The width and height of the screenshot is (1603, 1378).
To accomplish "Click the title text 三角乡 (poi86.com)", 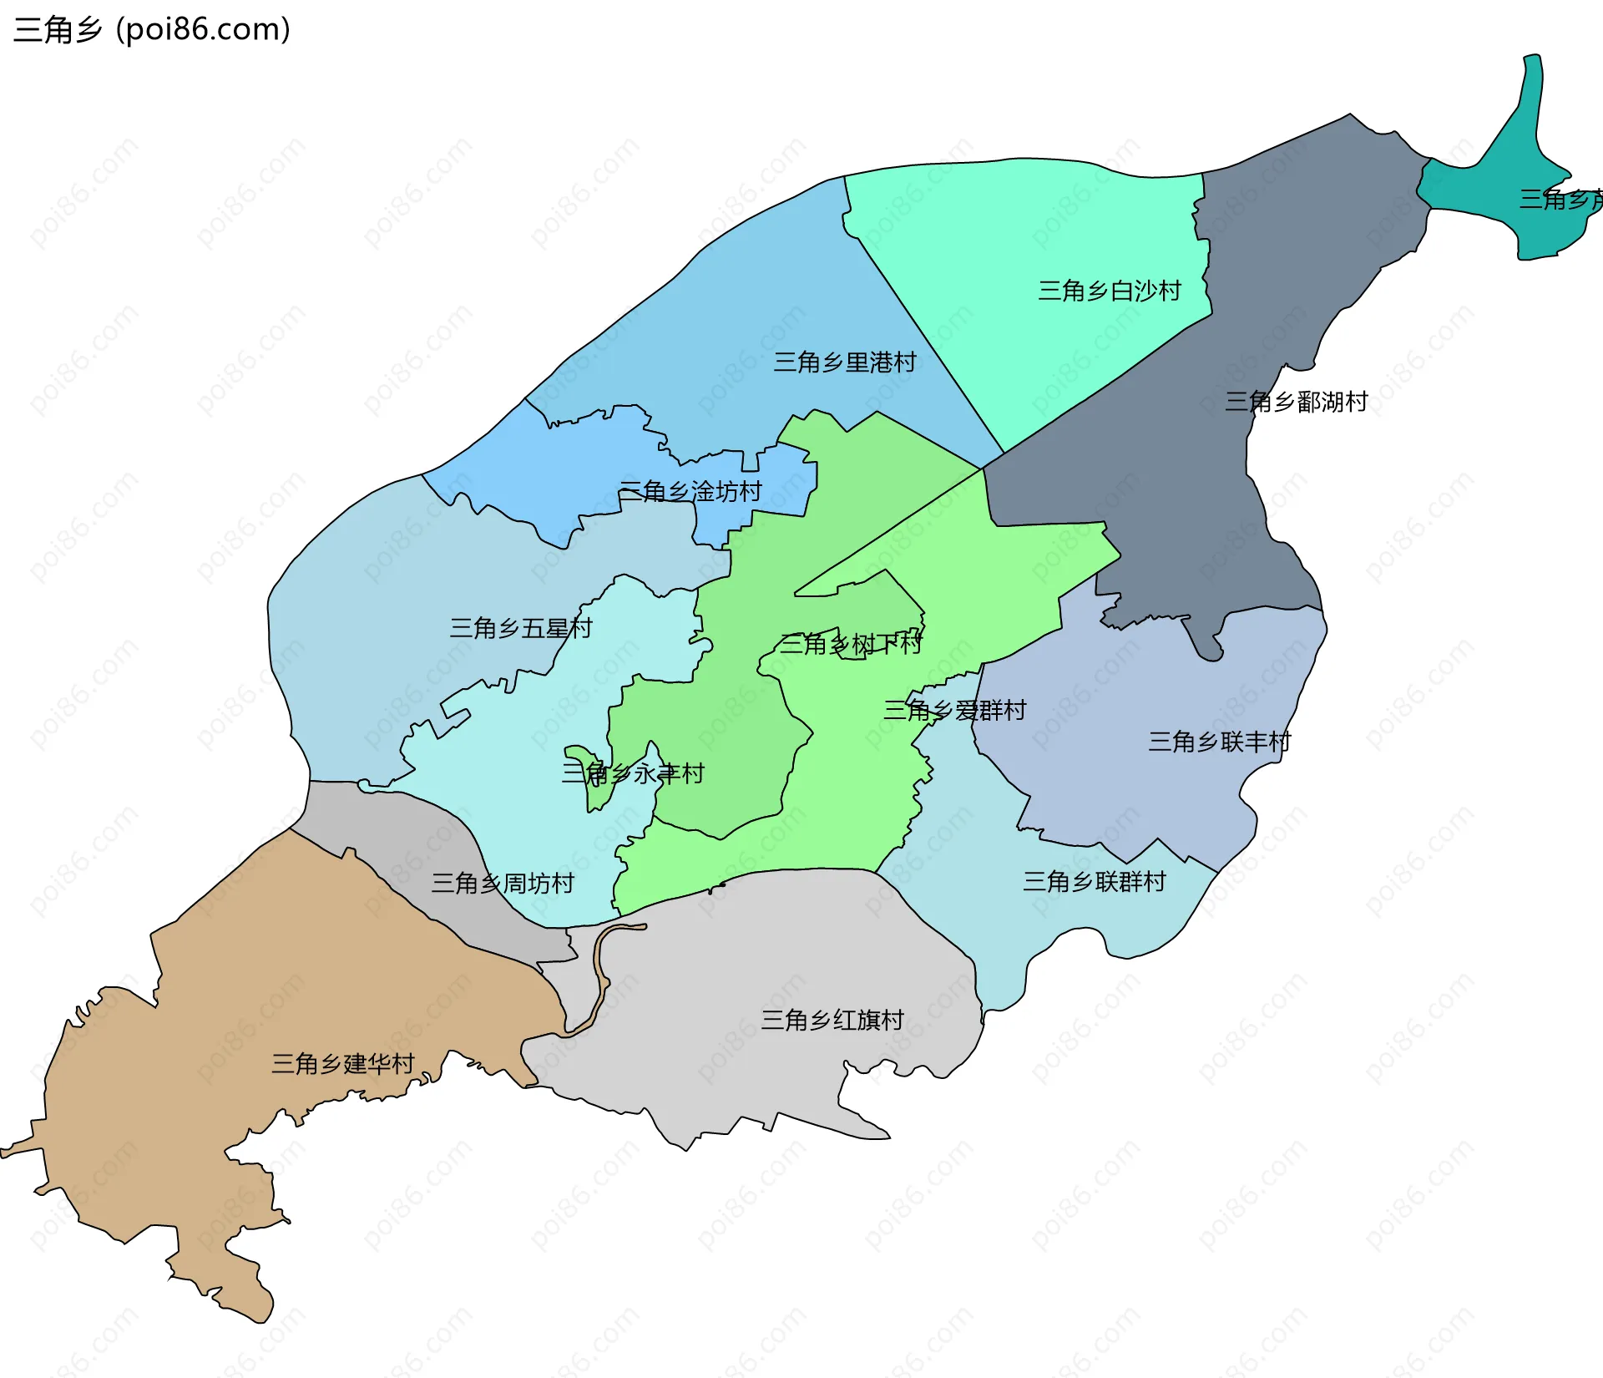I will [152, 29].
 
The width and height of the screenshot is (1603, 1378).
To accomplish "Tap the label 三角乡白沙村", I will [1109, 291].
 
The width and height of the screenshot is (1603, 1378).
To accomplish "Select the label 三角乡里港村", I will [844, 362].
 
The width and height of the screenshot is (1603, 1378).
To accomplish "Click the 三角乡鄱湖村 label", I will [1295, 402].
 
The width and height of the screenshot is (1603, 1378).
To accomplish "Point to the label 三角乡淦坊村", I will [690, 491].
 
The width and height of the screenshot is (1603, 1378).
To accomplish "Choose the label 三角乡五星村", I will [520, 628].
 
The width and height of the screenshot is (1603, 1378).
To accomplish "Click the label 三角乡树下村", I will [850, 644].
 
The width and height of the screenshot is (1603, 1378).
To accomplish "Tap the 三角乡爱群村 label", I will [954, 711].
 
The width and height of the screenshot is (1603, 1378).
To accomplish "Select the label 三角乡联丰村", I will [1219, 742].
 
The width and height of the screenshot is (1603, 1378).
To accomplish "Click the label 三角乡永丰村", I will [632, 773].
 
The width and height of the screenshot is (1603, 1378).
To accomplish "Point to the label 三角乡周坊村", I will [502, 883].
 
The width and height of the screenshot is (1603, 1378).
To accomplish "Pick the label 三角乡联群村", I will [1094, 881].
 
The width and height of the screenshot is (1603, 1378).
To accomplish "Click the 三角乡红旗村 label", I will [832, 1020].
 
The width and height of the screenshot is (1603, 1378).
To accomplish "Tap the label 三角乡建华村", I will [342, 1063].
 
